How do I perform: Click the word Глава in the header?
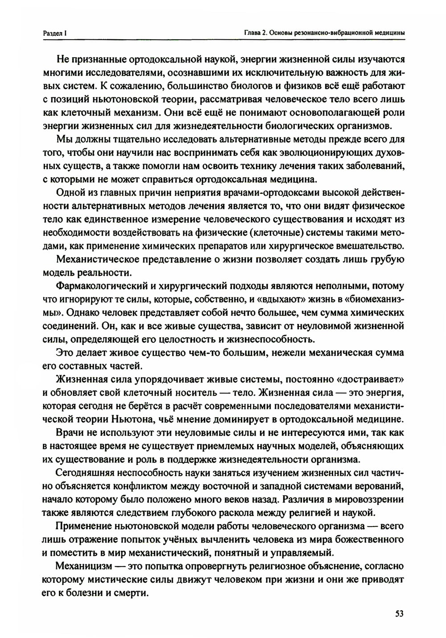pyautogui.click(x=253, y=33)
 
